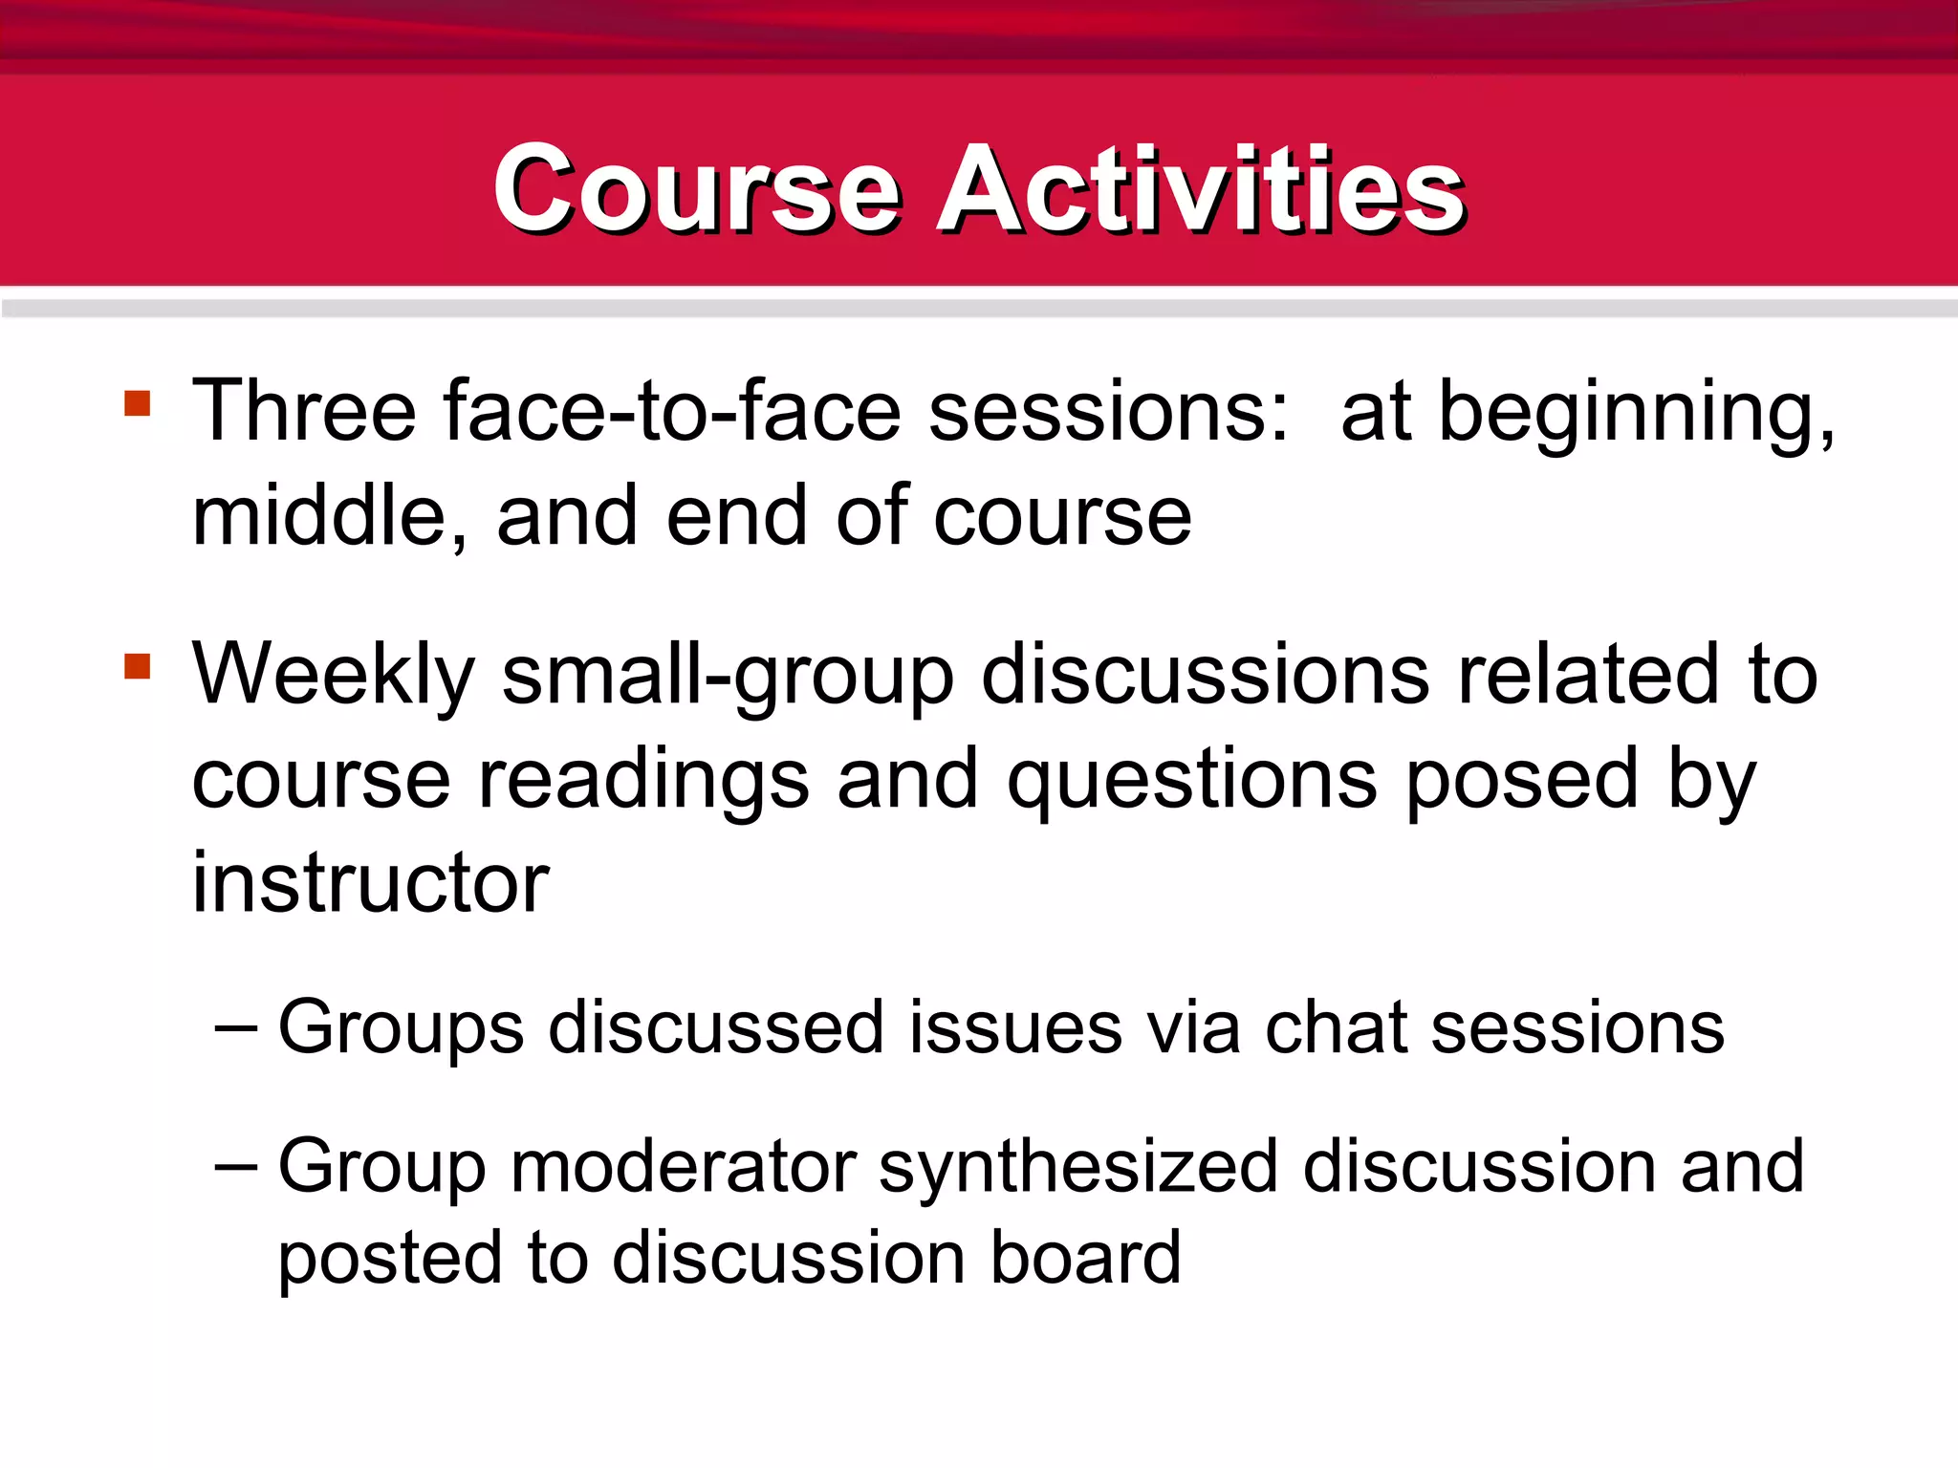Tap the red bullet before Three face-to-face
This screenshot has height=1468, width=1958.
[x=138, y=402]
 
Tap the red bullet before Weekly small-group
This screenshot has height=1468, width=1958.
[x=138, y=665]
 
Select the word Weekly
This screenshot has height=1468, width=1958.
[x=333, y=677]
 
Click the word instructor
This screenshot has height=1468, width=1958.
[x=370, y=883]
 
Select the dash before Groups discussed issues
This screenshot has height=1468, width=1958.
[x=235, y=1028]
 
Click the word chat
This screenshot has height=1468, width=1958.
[x=1335, y=1028]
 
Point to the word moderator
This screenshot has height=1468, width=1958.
[x=683, y=1167]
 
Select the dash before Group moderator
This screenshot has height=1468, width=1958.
[x=235, y=1167]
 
